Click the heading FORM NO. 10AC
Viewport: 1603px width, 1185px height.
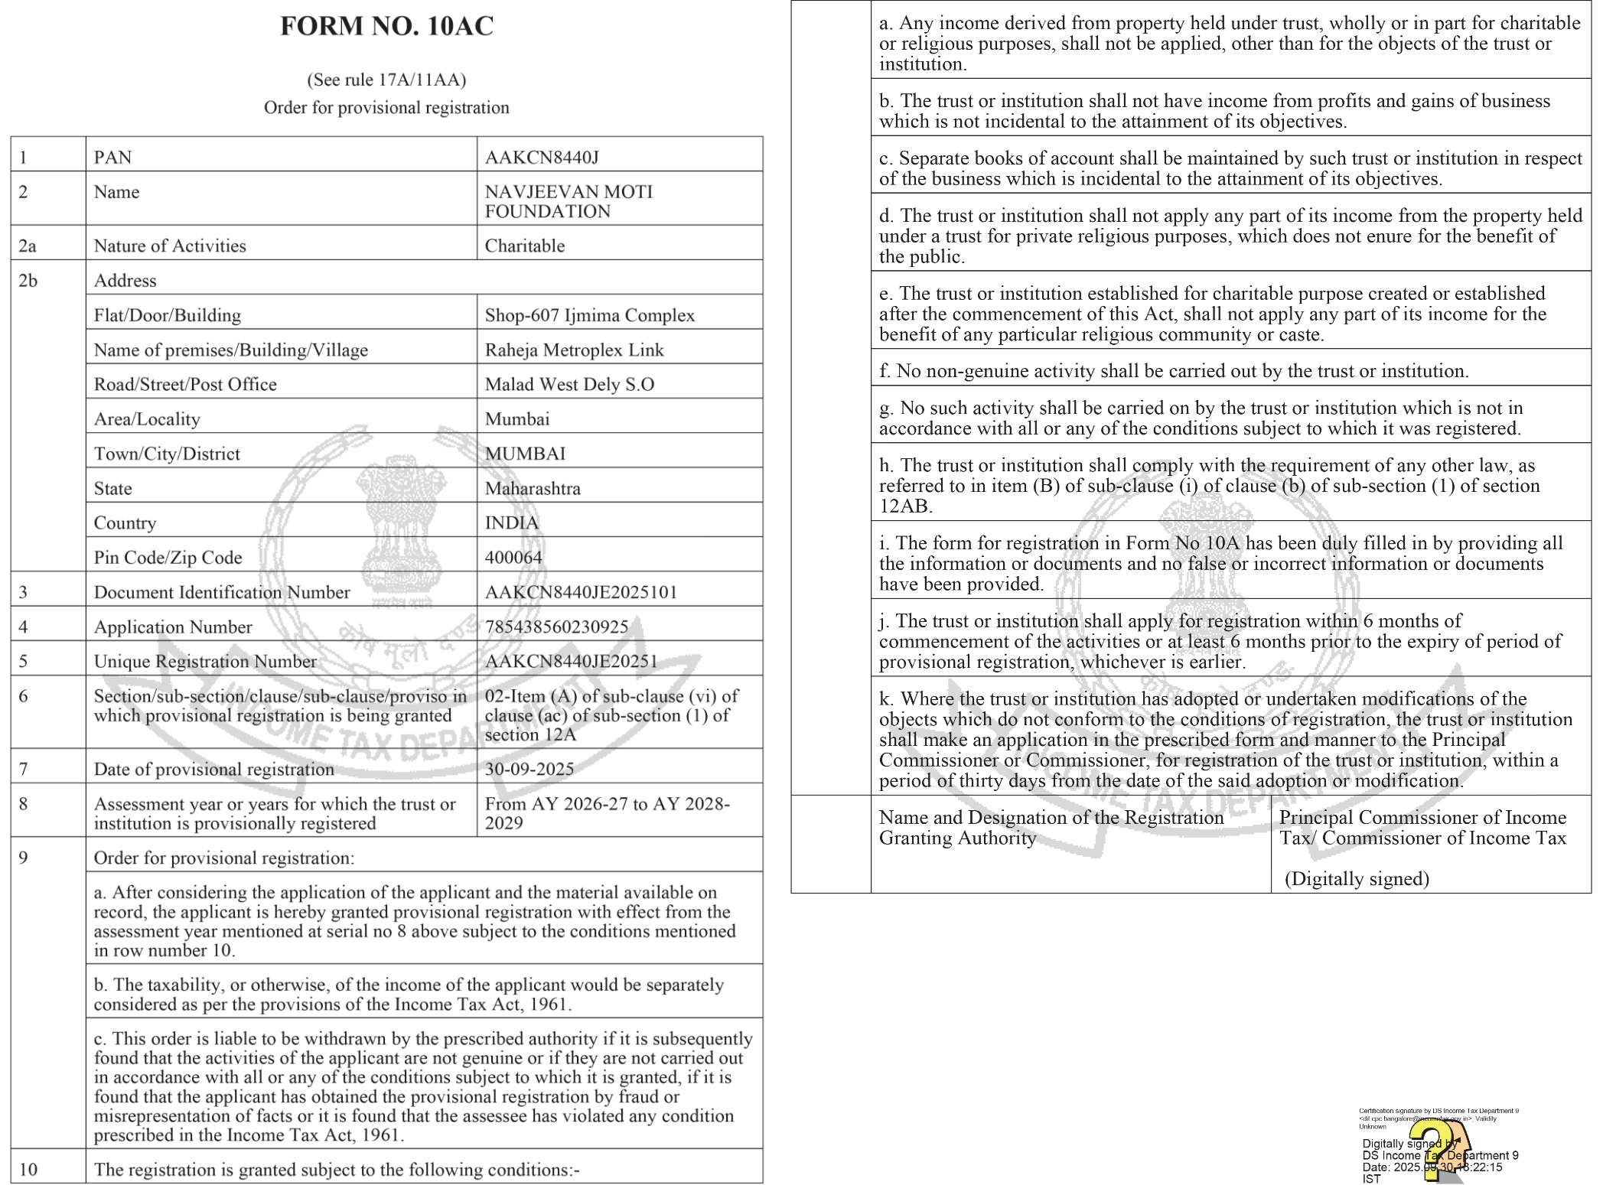tap(386, 26)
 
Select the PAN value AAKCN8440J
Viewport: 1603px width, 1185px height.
tap(542, 158)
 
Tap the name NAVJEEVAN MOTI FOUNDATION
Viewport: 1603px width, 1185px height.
tap(569, 201)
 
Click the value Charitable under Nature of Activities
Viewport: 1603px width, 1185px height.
tap(525, 246)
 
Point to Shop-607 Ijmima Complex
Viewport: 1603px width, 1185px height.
tap(589, 315)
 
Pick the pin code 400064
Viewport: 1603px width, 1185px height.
tap(513, 557)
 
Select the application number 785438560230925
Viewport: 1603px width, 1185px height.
tap(556, 627)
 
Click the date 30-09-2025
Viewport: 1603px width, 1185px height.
tap(529, 769)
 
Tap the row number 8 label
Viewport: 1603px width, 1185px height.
tap(24, 803)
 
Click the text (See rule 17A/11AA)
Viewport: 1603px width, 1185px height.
tap(386, 80)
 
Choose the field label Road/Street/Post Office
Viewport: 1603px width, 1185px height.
tap(185, 384)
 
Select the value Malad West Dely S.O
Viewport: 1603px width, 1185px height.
tap(569, 384)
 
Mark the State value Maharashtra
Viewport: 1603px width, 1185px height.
tap(533, 488)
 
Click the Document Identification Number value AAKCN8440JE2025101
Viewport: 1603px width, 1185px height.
tap(581, 592)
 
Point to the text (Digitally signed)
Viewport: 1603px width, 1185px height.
tap(1357, 878)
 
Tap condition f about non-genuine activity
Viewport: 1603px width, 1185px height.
tap(1174, 371)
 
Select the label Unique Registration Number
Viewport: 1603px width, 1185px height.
tap(205, 661)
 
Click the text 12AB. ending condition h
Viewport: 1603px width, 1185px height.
tap(905, 506)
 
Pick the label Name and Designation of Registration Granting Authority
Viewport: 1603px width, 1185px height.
tap(1051, 827)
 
